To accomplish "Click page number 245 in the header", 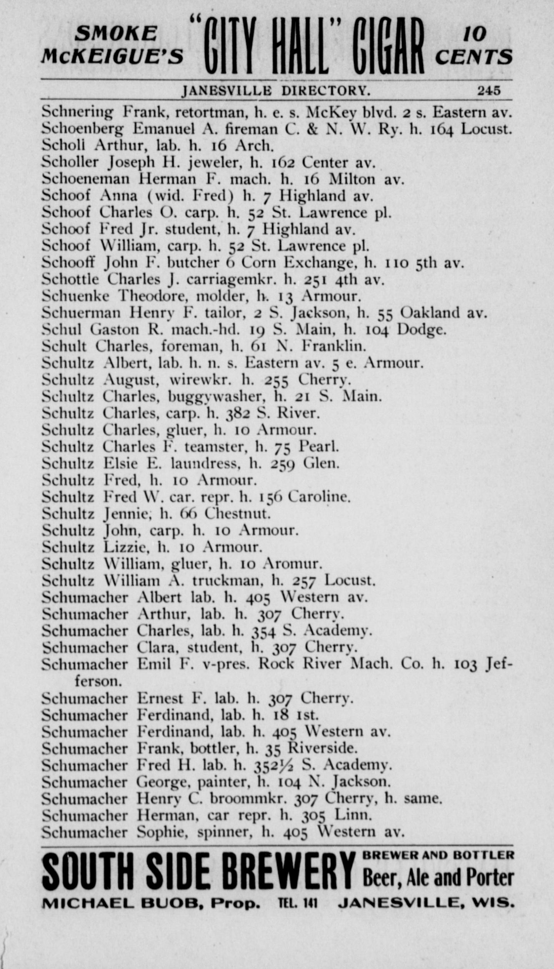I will pos(489,91).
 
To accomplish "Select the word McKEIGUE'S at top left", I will pos(112,57).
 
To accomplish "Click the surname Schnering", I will pos(77,113).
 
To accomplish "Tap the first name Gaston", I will pos(114,330).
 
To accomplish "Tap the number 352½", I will pos(274,765).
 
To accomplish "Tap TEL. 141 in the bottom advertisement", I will pos(298,902).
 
